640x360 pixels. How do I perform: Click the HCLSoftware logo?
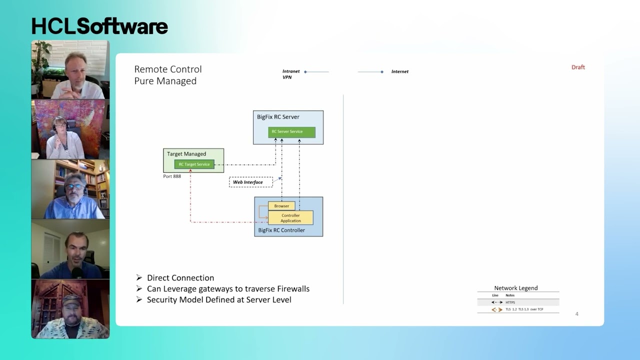click(x=99, y=26)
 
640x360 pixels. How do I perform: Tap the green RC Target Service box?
click(x=194, y=164)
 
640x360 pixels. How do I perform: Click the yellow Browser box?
click(x=281, y=206)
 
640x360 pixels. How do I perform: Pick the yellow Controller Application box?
click(x=290, y=218)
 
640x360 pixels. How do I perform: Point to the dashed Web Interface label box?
click(x=250, y=182)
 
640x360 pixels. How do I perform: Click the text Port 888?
click(x=172, y=176)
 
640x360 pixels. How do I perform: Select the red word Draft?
click(x=578, y=67)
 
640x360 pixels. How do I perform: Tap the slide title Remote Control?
click(x=168, y=69)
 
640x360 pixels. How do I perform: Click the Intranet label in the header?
click(x=291, y=71)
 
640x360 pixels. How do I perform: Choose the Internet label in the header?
click(x=400, y=71)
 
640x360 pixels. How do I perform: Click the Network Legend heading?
click(x=516, y=288)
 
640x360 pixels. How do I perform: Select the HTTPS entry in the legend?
click(x=510, y=302)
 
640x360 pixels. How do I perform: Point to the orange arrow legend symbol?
click(x=496, y=309)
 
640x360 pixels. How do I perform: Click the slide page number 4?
click(x=576, y=314)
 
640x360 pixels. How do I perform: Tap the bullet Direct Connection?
click(x=180, y=278)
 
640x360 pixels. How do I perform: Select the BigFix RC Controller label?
click(x=281, y=230)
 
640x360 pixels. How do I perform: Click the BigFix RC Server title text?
click(x=278, y=117)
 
